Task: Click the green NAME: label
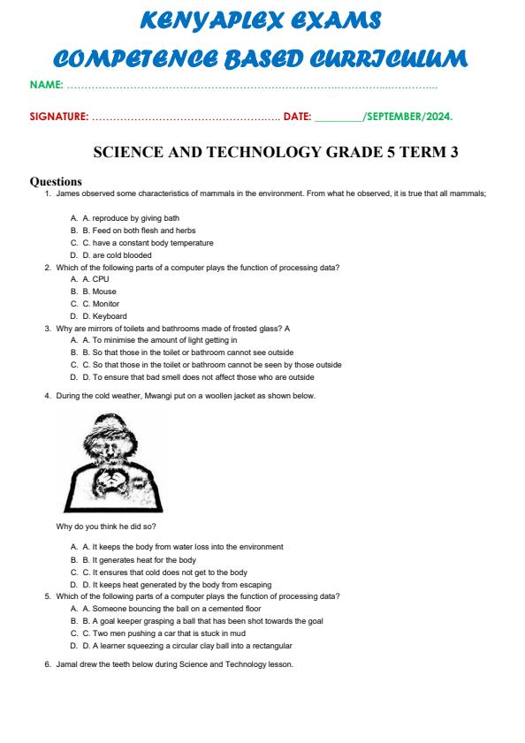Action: [47, 86]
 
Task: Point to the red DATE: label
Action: [297, 116]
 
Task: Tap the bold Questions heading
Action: [56, 181]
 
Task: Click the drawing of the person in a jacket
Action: [116, 462]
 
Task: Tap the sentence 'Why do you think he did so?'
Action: [106, 526]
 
